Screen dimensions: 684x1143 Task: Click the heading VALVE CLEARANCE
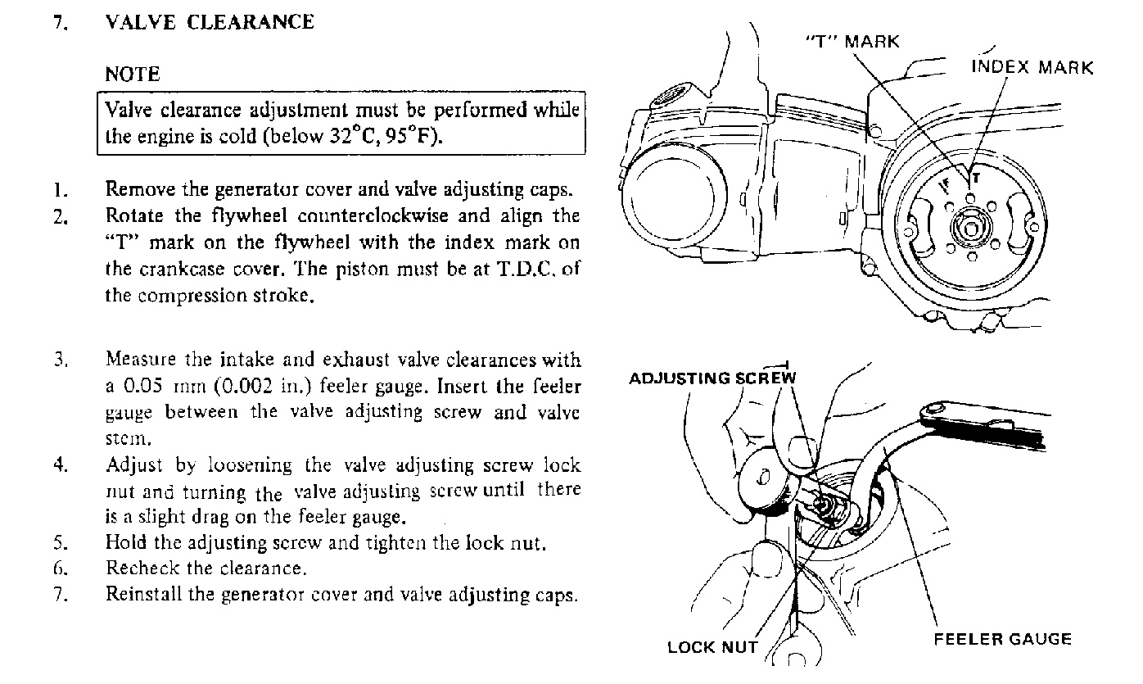coord(210,22)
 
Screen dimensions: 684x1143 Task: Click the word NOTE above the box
coord(133,75)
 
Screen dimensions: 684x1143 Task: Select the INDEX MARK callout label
coord(1032,67)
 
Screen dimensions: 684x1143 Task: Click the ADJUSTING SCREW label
coord(712,378)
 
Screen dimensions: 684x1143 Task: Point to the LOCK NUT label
coord(712,647)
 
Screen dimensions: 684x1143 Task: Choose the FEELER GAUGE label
coord(1002,639)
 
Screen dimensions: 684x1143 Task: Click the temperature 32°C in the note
coord(351,136)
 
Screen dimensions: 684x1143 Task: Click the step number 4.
coord(60,465)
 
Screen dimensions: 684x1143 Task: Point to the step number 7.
coord(59,595)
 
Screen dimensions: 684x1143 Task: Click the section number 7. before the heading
coord(60,22)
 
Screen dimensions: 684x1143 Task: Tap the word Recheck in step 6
coord(134,568)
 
